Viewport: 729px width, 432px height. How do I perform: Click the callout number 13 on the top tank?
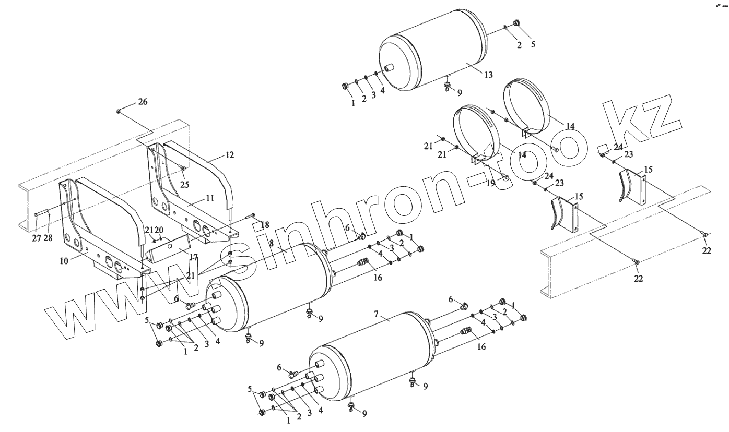pyautogui.click(x=488, y=75)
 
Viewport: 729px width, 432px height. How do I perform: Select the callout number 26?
pyautogui.click(x=143, y=102)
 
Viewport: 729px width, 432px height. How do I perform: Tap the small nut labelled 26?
pyautogui.click(x=119, y=111)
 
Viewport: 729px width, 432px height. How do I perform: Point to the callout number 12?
pyautogui.click(x=229, y=155)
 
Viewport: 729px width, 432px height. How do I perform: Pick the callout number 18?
pyautogui.click(x=265, y=225)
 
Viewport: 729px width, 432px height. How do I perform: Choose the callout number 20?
pyautogui.click(x=159, y=230)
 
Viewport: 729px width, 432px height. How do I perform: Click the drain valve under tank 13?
pyautogui.click(x=447, y=86)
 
